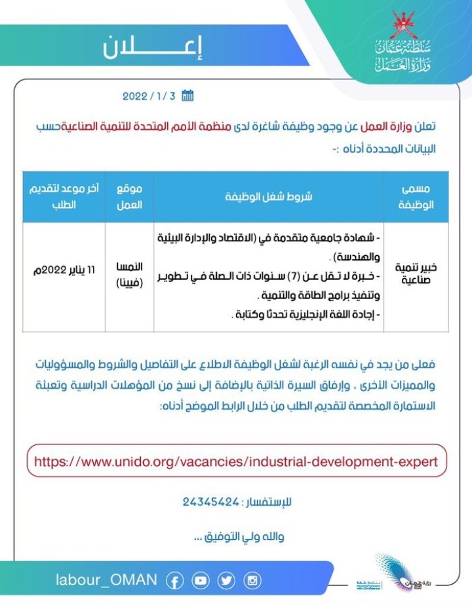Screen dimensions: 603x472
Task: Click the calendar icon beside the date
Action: [x=187, y=96]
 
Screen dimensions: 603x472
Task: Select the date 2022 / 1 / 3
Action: [x=149, y=96]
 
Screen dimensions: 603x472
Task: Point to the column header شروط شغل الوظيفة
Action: [x=271, y=196]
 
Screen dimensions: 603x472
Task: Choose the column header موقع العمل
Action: [x=129, y=196]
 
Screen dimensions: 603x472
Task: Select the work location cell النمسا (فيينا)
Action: [x=129, y=275]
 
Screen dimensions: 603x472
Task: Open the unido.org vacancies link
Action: [x=235, y=461]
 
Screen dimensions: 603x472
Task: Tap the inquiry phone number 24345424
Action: [x=211, y=503]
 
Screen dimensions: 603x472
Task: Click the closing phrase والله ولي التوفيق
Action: [x=237, y=537]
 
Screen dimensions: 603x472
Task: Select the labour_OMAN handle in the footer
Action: [x=106, y=580]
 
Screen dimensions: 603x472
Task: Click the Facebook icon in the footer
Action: [x=175, y=581]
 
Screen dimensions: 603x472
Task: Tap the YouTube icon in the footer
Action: [x=201, y=581]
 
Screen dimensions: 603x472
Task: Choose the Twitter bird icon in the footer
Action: [x=226, y=581]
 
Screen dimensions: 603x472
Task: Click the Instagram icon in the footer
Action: [x=252, y=581]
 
